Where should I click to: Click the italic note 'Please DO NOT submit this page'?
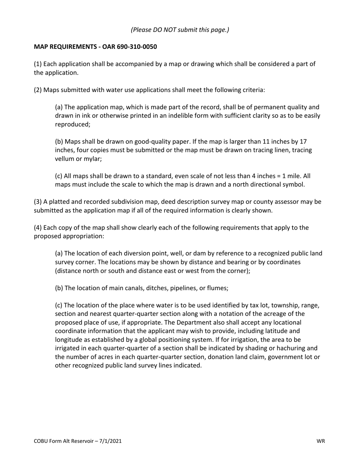click(180, 30)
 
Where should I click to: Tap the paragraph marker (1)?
click(38, 64)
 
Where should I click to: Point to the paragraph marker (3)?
click(38, 202)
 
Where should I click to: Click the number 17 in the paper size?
click(303, 142)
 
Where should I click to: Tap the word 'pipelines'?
click(180, 288)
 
